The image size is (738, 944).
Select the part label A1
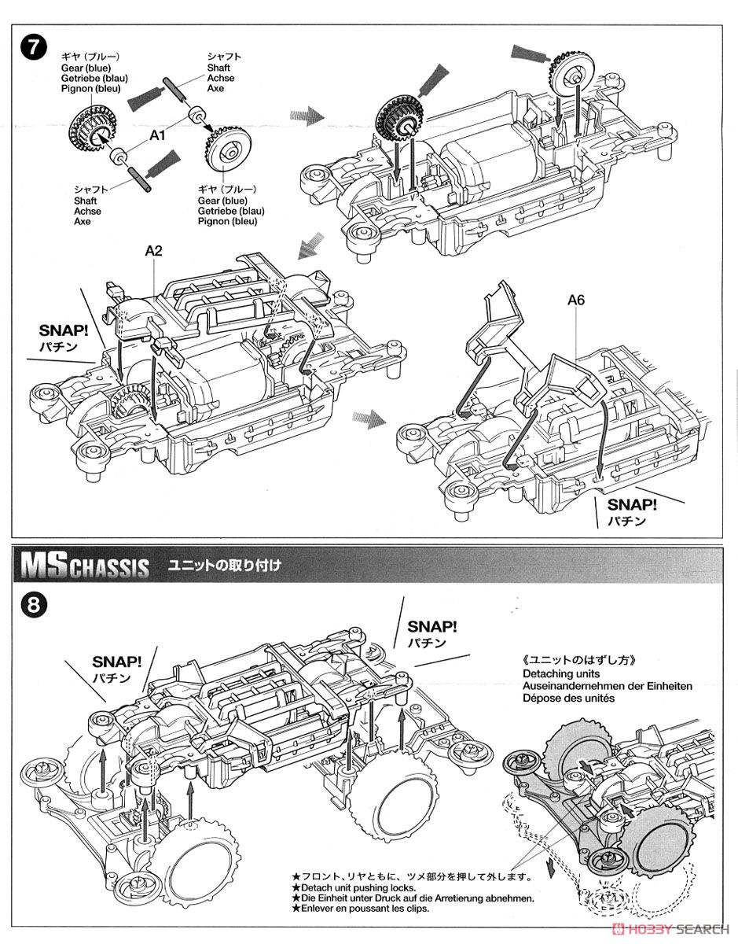point(158,135)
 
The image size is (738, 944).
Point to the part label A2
point(153,251)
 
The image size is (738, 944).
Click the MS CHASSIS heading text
point(85,565)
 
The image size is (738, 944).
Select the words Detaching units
point(560,673)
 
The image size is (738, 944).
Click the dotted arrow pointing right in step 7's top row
point(307,116)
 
